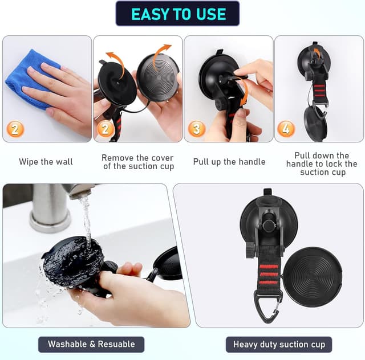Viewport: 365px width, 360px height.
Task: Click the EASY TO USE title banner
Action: (x=177, y=14)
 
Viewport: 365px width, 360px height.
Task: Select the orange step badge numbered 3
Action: (x=197, y=129)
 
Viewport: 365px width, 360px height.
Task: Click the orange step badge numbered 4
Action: (x=286, y=129)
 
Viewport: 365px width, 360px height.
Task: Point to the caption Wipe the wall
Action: (x=46, y=162)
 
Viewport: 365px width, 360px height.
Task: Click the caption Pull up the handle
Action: (x=229, y=162)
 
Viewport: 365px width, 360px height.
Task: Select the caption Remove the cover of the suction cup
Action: (x=138, y=162)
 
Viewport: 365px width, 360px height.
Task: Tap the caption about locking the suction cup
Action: (x=322, y=163)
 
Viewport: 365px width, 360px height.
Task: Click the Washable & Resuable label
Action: (x=91, y=344)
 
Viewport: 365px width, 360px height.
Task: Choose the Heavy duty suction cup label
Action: (x=279, y=345)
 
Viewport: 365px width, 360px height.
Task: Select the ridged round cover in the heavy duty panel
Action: (x=313, y=276)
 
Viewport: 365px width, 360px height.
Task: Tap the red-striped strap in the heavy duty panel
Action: (x=269, y=268)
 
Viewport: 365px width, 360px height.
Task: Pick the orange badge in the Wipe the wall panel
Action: (x=15, y=129)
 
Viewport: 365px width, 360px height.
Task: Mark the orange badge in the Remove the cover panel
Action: (x=105, y=128)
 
